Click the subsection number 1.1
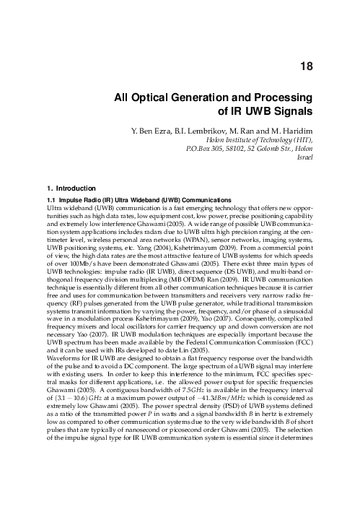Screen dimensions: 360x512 pos(51,199)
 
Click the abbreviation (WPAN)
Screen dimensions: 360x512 pos(188,239)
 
